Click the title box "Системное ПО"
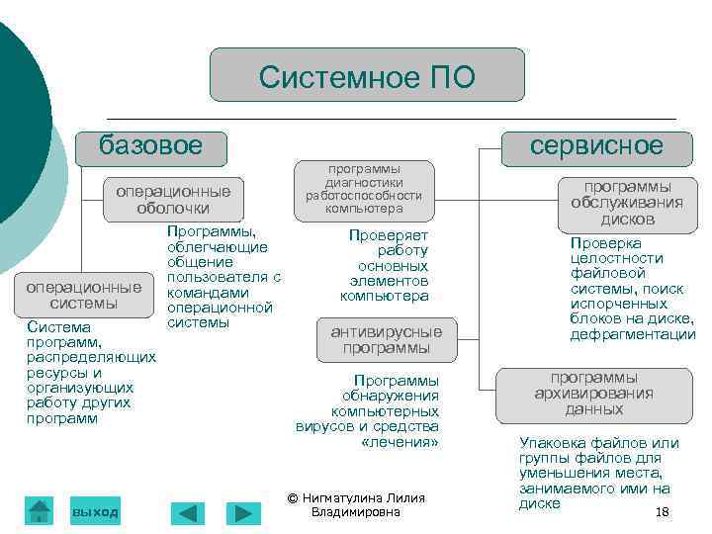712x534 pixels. (367, 75)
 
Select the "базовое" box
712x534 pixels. (151, 147)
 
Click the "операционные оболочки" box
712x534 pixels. (173, 199)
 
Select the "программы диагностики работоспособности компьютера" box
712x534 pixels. (364, 188)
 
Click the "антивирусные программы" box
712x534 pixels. (386, 339)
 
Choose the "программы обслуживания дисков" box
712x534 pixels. (627, 202)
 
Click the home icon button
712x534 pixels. (40, 510)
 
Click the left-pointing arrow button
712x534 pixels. (188, 513)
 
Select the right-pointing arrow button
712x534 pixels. (242, 513)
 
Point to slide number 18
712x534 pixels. (663, 511)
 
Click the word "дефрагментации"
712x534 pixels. (633, 335)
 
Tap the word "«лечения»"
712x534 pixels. (400, 442)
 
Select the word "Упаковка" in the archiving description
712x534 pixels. (550, 443)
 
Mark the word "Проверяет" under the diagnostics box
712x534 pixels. (388, 235)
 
